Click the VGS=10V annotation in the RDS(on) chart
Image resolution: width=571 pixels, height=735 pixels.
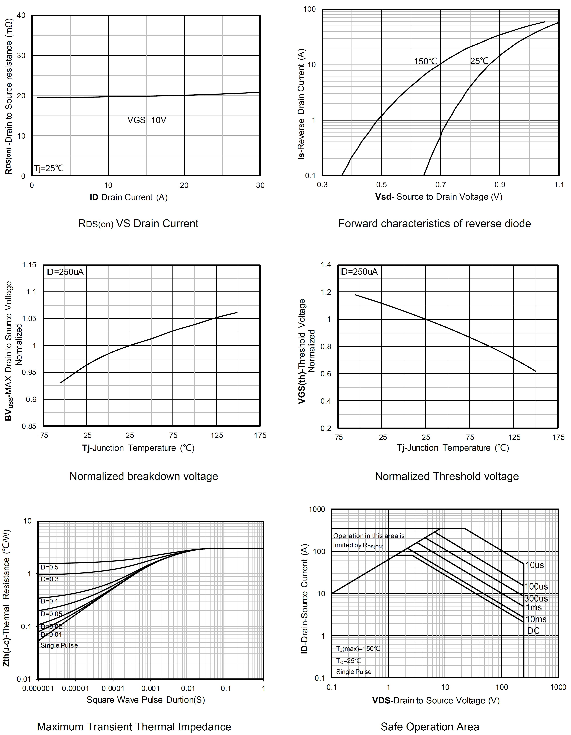[x=147, y=120]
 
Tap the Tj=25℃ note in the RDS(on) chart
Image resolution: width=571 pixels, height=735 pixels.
[x=49, y=168]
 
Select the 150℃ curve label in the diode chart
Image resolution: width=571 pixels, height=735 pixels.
[x=425, y=61]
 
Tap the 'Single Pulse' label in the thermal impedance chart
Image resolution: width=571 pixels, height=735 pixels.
[x=59, y=645]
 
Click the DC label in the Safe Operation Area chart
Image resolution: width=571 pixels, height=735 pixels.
[x=533, y=631]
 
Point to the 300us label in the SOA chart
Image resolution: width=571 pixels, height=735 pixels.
[x=536, y=598]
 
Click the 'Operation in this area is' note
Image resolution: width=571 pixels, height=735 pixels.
[x=369, y=536]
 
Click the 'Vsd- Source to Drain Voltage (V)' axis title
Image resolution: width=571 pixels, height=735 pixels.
[x=439, y=197]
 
